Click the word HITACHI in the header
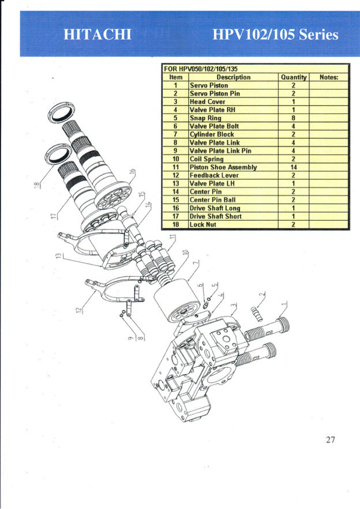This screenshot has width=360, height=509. tap(97, 35)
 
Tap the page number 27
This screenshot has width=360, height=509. tap(330, 440)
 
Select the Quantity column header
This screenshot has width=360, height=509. tap(293, 77)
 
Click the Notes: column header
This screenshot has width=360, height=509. tap(328, 77)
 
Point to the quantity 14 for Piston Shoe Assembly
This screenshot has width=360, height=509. tap(293, 167)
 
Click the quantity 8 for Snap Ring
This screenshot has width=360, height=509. tap(293, 118)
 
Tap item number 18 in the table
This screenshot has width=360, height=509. tap(177, 224)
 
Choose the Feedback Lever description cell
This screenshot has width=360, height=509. tap(214, 175)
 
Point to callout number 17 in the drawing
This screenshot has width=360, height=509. tap(52, 216)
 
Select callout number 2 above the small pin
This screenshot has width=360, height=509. tap(262, 295)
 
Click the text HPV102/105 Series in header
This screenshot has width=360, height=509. tap(275, 35)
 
